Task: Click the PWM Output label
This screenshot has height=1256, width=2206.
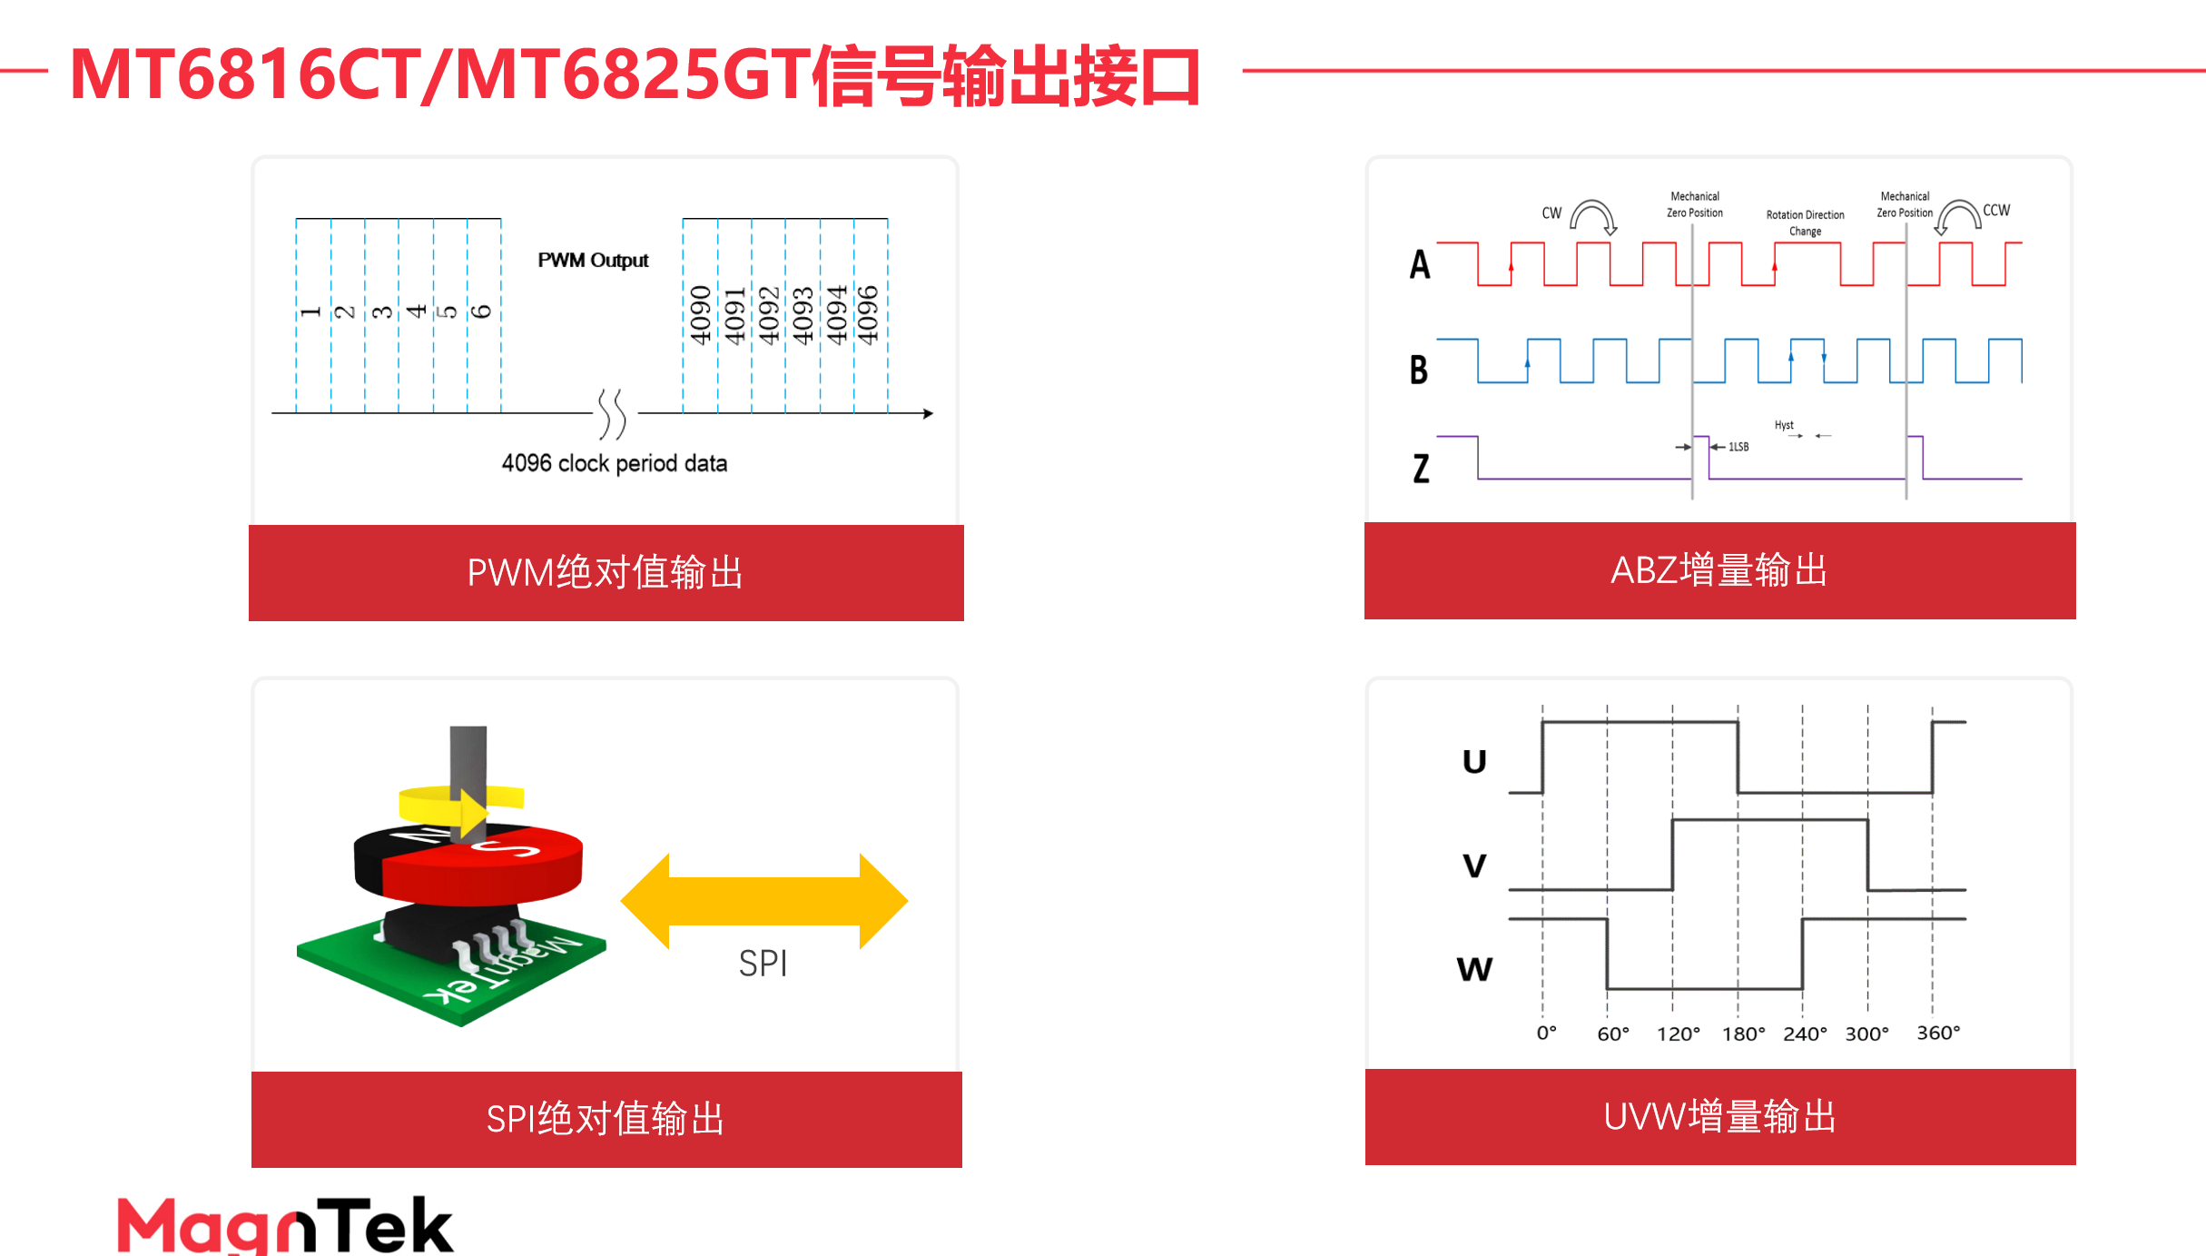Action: click(593, 261)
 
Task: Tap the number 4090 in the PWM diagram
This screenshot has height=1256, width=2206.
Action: click(700, 315)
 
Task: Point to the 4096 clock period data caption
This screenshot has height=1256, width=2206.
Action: click(615, 463)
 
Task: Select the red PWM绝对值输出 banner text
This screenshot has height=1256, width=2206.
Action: click(606, 573)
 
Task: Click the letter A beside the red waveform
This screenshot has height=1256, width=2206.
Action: click(1420, 264)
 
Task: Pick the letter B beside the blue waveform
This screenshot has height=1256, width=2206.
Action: click(1419, 370)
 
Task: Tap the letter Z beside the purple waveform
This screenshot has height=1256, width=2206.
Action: click(1421, 469)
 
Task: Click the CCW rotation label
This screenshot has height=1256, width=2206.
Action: click(1996, 211)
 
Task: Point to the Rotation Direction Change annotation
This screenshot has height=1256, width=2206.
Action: click(1805, 223)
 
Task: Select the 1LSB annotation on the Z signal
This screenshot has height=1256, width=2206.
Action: click(1738, 447)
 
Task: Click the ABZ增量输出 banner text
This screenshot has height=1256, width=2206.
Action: click(1719, 570)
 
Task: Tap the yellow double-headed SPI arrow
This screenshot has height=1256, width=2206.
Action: click(763, 900)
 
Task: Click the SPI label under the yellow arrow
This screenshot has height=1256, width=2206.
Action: click(763, 964)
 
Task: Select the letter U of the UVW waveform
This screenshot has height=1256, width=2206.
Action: click(1474, 761)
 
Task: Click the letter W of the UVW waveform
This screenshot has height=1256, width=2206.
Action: click(1474, 969)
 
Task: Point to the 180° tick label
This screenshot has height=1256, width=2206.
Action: click(1743, 1033)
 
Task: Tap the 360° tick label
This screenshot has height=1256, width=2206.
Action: click(1938, 1033)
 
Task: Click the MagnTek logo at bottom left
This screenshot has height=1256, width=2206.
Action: click(284, 1225)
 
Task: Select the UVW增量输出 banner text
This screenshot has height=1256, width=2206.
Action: click(1719, 1117)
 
